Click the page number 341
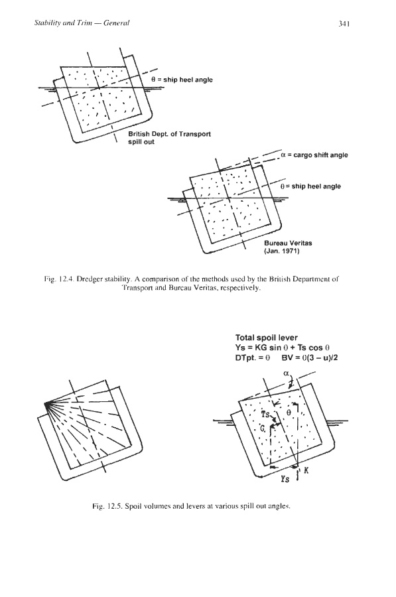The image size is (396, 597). [344, 23]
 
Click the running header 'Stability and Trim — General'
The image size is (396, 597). [82, 23]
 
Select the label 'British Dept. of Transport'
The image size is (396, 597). [169, 134]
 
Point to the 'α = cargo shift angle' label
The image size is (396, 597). [314, 155]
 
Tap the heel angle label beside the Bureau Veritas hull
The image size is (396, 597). [310, 186]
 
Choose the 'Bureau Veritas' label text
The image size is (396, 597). [289, 243]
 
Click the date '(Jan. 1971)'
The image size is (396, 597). [282, 251]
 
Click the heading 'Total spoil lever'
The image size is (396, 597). [267, 338]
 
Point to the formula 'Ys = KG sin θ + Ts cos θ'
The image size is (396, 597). [283, 348]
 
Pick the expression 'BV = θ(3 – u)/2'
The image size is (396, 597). [310, 358]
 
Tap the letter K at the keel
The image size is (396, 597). [306, 471]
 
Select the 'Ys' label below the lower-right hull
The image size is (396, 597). [285, 479]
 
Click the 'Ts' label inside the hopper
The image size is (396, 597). [265, 414]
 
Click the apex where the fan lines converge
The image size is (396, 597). [45, 403]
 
